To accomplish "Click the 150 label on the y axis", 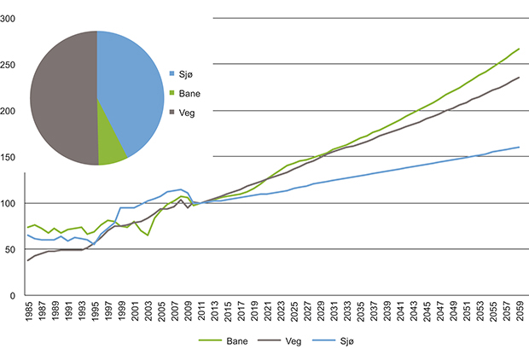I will click(9, 157).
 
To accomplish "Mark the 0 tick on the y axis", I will click(13, 295).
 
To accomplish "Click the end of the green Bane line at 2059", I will click(518, 49).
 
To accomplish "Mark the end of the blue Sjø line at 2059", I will click(519, 148).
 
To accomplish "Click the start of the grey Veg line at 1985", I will click(28, 260).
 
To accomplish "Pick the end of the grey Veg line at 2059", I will click(519, 78).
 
